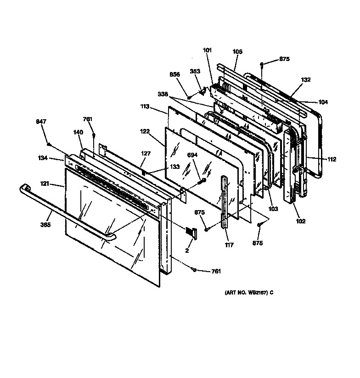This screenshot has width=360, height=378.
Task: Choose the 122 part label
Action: pyautogui.click(x=145, y=131)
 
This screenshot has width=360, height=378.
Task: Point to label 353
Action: pyautogui.click(x=196, y=71)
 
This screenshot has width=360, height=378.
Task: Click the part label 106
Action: pyautogui.click(x=237, y=52)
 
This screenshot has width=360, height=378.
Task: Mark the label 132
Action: pyautogui.click(x=306, y=80)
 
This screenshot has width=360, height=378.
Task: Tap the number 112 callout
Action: pyautogui.click(x=331, y=160)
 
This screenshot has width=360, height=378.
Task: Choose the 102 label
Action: pyautogui.click(x=300, y=221)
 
